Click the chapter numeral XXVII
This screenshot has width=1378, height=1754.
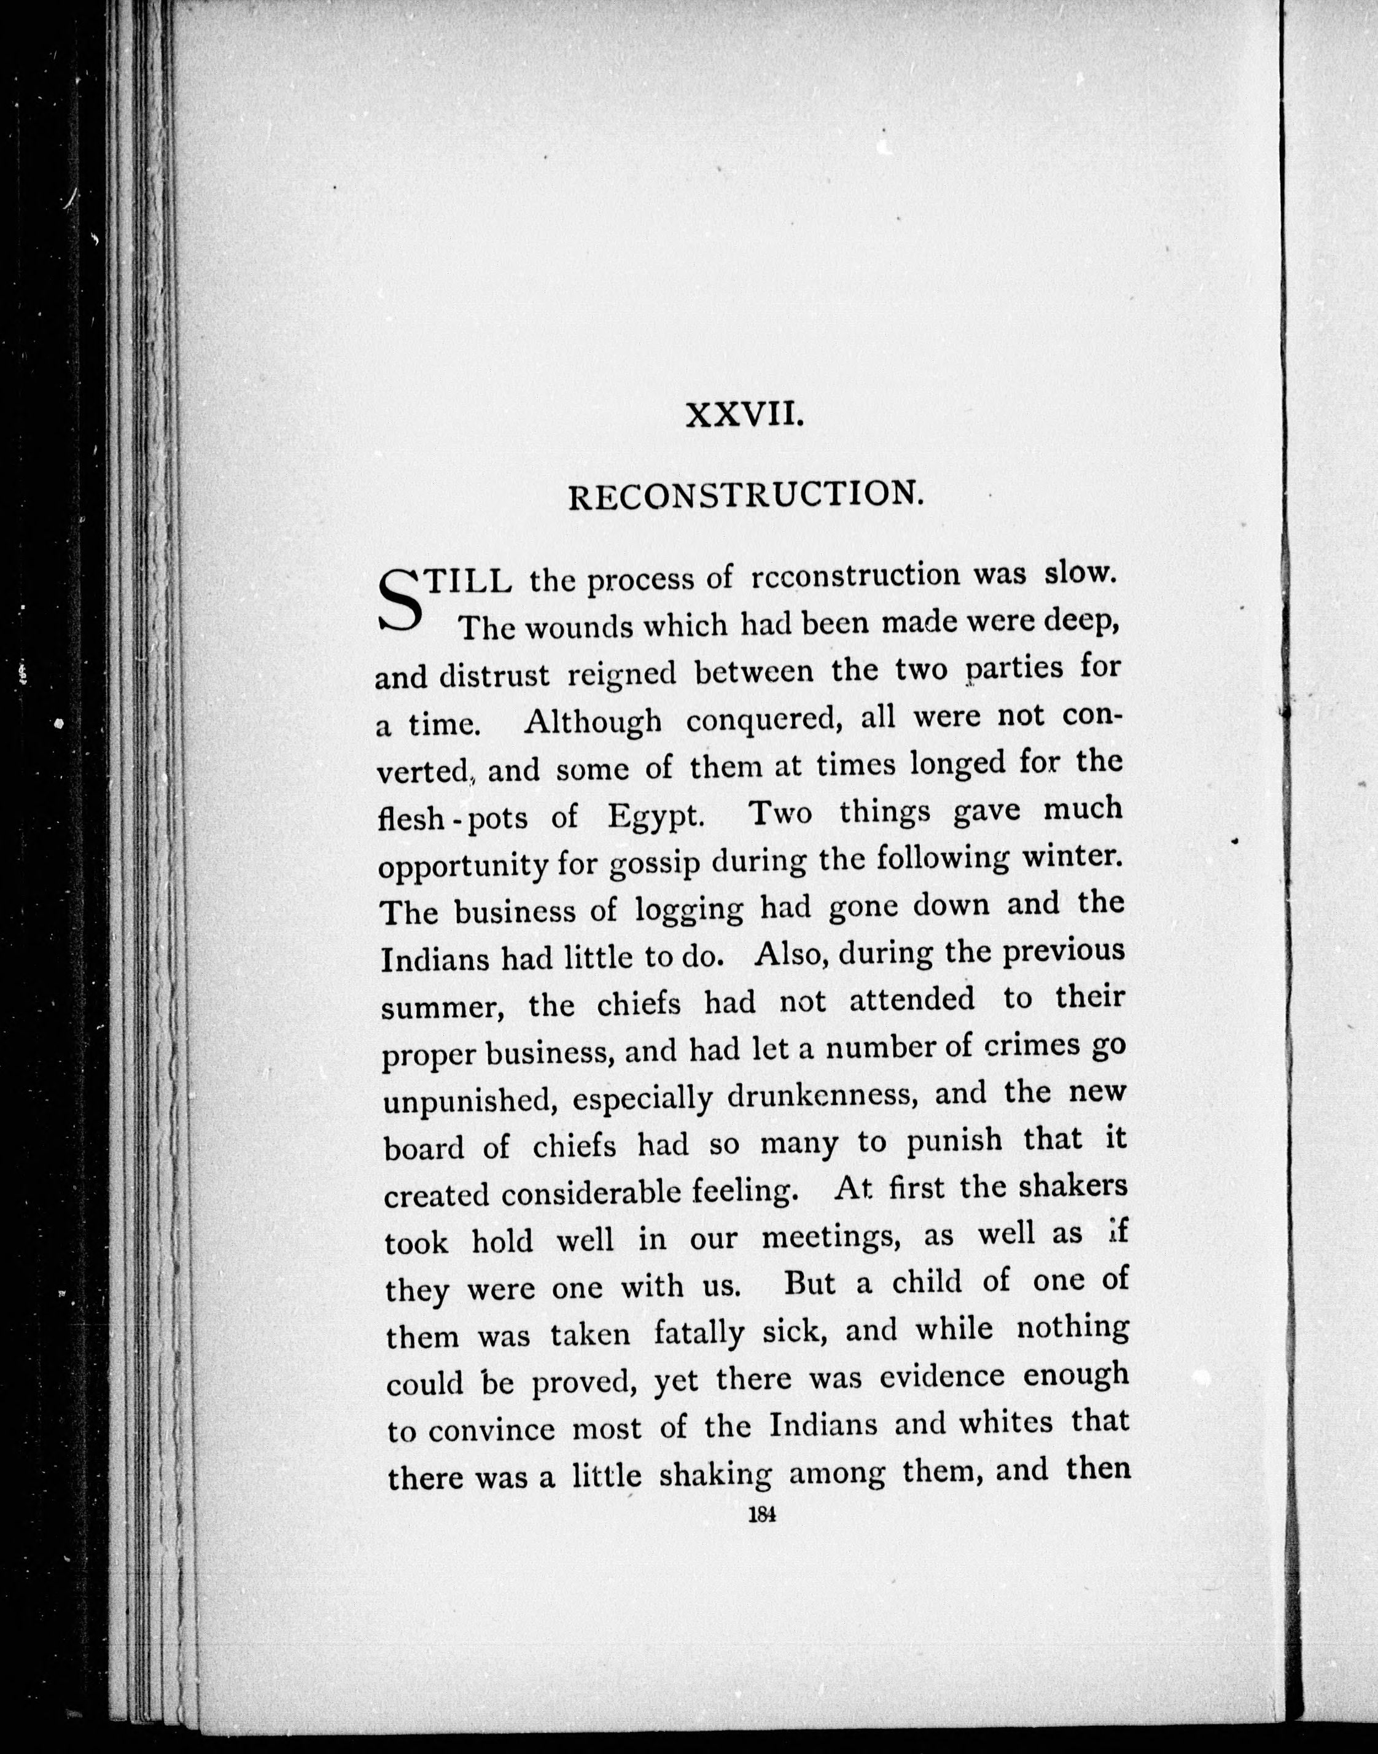coord(744,416)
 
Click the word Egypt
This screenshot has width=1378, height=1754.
coord(656,816)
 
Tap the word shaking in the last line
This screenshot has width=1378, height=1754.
coord(715,1473)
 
